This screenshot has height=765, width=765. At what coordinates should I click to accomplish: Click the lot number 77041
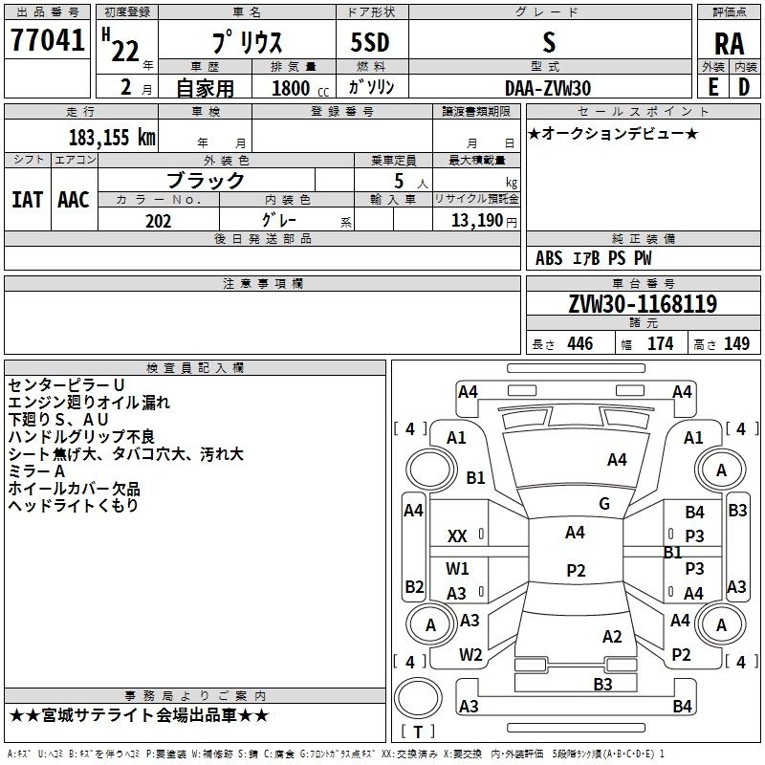tap(47, 42)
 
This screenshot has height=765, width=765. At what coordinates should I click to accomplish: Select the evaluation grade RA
tap(728, 44)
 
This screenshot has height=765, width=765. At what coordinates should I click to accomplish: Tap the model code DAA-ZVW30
tap(548, 87)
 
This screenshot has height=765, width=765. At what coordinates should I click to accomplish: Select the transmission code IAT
tap(28, 199)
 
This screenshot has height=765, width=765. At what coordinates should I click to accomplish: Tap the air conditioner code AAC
tap(73, 199)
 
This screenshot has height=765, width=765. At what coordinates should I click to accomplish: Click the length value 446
tap(579, 344)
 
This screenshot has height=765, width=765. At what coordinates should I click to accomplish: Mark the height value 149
tap(736, 344)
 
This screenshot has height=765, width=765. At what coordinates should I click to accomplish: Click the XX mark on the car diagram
tap(457, 536)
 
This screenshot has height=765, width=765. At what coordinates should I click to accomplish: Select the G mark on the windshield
tap(603, 503)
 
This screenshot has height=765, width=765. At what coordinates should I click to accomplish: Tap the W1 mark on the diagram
tap(458, 568)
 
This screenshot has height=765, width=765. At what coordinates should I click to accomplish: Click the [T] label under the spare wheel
tap(417, 732)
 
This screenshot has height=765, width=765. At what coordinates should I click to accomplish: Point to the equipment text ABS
tap(549, 258)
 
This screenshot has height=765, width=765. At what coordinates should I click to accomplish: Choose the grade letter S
tap(548, 43)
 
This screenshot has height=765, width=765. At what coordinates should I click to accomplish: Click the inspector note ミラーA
tap(36, 470)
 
